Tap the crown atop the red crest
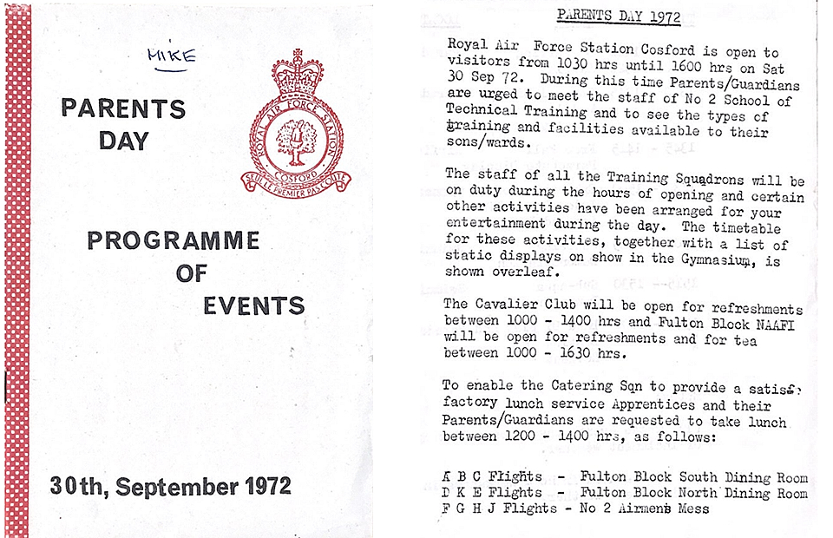click(297, 74)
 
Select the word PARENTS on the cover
click(123, 109)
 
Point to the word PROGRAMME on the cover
click(173, 239)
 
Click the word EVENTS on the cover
click(253, 305)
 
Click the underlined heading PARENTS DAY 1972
click(619, 16)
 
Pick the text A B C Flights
click(493, 476)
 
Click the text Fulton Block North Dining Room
click(694, 492)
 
